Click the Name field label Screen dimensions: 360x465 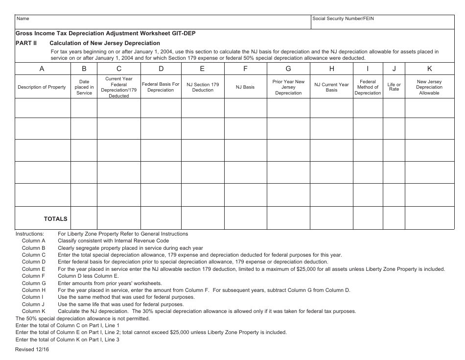(x=23, y=19)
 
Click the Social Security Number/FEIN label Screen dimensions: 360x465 (x=343, y=19)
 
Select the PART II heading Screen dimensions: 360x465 (x=26, y=43)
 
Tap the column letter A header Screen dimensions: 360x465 (x=42, y=69)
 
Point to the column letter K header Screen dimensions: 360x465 (x=429, y=69)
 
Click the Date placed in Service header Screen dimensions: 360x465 (x=84, y=87)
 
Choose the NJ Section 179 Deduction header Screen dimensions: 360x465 (x=203, y=87)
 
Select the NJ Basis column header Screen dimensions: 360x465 (x=245, y=87)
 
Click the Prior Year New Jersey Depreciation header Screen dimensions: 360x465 (x=288, y=87)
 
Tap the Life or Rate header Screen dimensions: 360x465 (x=394, y=87)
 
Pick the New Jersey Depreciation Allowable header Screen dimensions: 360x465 (x=429, y=87)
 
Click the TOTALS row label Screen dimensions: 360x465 (x=56, y=219)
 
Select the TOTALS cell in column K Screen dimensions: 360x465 (x=429, y=218)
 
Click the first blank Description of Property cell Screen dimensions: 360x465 (x=43, y=108)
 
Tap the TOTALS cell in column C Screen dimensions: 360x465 (x=119, y=218)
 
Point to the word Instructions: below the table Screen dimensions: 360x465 (x=30, y=234)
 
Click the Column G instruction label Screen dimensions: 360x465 (x=34, y=283)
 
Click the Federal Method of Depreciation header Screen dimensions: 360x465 (x=368, y=87)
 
